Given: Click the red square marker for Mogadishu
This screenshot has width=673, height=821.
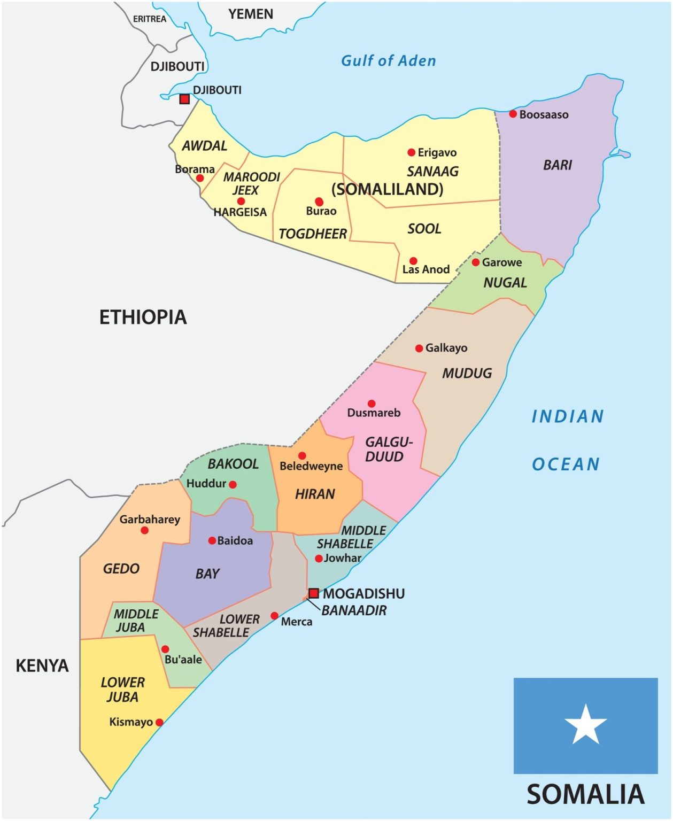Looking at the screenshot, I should tap(314, 593).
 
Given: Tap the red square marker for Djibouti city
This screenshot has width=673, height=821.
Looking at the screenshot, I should tap(184, 99).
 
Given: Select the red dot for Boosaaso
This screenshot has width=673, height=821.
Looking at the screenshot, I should tap(513, 114).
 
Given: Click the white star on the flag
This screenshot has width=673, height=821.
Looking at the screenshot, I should tap(585, 725).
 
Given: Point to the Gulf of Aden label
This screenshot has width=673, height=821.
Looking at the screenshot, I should tap(389, 61).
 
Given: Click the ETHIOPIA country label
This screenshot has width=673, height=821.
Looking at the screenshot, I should tap(143, 317).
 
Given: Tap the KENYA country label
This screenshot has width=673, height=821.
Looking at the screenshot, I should tap(42, 665).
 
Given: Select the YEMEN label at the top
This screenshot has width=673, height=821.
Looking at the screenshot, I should tap(251, 14).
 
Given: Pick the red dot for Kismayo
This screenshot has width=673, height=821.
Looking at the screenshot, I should tap(159, 722).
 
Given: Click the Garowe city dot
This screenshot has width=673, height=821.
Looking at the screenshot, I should tap(475, 262).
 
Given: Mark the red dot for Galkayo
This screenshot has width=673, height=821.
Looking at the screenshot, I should tap(419, 348).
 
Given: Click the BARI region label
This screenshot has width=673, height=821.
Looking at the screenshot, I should tap(558, 165).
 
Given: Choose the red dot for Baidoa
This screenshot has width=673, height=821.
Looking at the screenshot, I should tap(212, 541).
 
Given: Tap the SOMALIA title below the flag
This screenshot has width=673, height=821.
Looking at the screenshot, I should tap(585, 794).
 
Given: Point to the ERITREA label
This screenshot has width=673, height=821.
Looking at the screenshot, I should tap(150, 19).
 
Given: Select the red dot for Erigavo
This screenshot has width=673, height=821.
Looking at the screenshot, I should tap(411, 152).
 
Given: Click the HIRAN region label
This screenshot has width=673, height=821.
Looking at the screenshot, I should tap(315, 494).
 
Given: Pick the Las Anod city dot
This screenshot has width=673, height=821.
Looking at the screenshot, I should tap(413, 261).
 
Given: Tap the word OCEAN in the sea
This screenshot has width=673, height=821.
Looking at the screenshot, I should tap(566, 464).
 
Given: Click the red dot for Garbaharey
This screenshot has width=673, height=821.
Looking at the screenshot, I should tap(144, 530).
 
